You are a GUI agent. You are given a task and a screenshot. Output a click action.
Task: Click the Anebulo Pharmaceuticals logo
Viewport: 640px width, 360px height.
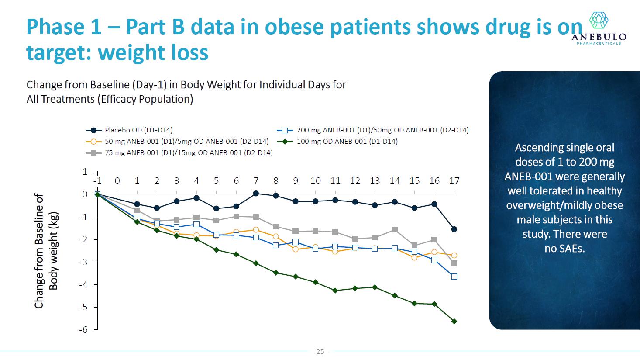point(599,28)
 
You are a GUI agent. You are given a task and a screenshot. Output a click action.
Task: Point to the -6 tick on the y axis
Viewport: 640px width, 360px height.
point(83,330)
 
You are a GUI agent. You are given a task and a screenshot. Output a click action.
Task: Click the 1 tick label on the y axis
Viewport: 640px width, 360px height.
point(85,172)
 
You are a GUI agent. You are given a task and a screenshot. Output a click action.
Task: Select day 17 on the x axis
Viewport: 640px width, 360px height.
point(454,181)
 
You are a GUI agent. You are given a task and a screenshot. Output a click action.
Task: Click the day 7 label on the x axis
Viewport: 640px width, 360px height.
point(256,181)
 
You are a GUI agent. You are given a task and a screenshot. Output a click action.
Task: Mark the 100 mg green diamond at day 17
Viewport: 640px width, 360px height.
point(454,321)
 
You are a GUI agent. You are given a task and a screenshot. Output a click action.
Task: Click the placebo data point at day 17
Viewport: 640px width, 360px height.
point(454,229)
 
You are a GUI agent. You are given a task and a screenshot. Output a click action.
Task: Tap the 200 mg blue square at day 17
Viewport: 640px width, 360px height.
point(454,277)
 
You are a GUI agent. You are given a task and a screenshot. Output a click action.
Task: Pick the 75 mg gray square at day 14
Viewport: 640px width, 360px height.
point(395,230)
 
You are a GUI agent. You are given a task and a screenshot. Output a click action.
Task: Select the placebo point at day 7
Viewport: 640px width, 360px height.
point(256,194)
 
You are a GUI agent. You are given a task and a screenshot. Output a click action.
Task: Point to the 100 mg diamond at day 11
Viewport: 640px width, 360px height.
point(335,291)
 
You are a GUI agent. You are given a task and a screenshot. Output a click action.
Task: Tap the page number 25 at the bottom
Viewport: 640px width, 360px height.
point(320,352)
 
